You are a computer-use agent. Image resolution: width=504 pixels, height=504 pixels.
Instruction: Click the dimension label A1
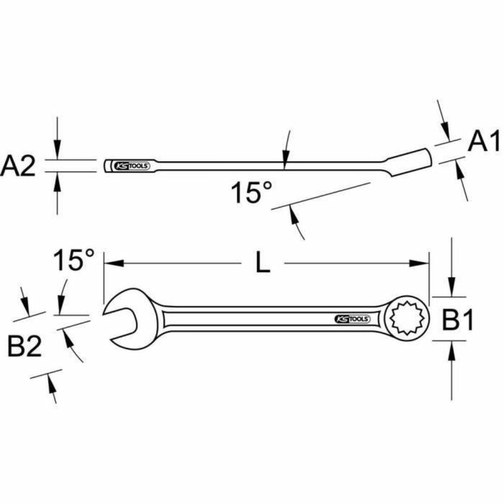[x=483, y=142]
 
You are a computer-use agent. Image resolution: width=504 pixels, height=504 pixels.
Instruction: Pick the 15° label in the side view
[x=252, y=193]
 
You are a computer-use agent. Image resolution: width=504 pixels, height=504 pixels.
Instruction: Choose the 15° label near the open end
[x=72, y=260]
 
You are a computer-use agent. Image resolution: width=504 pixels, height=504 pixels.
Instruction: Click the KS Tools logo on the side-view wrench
[x=131, y=166]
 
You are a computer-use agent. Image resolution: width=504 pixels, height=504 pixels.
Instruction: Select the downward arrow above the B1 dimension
[x=451, y=289]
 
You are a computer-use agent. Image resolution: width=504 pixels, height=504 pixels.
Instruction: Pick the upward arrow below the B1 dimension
[x=451, y=350]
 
